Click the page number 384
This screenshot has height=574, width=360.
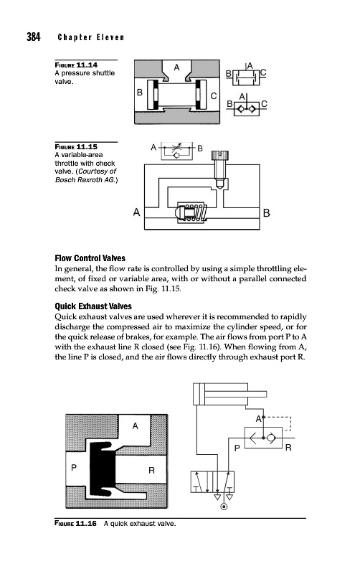(x=33, y=37)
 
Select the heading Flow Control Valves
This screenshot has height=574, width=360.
(x=90, y=258)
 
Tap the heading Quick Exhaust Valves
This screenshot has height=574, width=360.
(x=93, y=306)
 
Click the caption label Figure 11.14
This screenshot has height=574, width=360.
(x=76, y=65)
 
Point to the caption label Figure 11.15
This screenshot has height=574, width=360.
(x=76, y=147)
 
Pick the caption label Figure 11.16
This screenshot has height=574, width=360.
(x=76, y=524)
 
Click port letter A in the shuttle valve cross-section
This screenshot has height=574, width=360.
(x=176, y=67)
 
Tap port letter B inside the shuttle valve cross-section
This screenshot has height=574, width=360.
(x=140, y=93)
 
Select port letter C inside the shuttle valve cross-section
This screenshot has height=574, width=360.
(x=214, y=96)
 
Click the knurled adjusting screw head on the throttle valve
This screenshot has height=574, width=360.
(x=220, y=156)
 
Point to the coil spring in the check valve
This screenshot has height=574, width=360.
(x=197, y=212)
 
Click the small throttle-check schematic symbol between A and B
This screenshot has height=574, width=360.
(x=176, y=150)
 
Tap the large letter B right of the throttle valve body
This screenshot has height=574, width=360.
(x=267, y=212)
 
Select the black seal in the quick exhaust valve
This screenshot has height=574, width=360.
(x=102, y=469)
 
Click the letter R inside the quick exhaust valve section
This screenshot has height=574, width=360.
(x=151, y=471)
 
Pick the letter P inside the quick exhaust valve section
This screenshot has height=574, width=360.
(x=74, y=468)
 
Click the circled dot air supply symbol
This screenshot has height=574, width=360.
(x=224, y=507)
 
